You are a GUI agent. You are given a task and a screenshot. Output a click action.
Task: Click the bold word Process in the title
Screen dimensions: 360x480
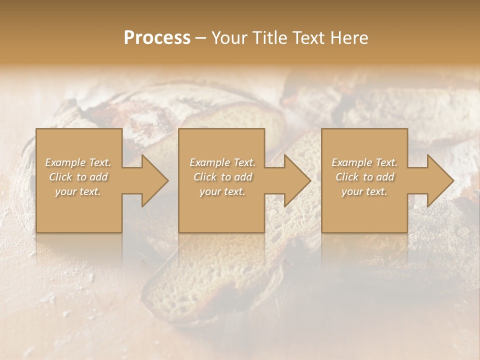pos(157,38)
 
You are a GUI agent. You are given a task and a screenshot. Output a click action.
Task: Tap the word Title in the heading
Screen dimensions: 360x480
pos(273,38)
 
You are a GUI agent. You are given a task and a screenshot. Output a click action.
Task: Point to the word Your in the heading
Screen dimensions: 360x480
pos(229,38)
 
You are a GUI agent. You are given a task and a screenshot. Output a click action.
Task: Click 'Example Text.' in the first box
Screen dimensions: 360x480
pos(78,162)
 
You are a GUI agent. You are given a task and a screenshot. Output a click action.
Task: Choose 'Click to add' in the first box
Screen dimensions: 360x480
pos(78,177)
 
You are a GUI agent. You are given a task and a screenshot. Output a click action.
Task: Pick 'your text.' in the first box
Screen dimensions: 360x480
pos(78,191)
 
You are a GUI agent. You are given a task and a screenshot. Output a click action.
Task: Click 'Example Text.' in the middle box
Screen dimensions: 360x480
pos(222,162)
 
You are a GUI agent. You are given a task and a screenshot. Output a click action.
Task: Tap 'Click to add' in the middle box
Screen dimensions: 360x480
pos(222,177)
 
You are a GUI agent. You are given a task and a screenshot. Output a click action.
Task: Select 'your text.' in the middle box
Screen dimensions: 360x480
pos(222,191)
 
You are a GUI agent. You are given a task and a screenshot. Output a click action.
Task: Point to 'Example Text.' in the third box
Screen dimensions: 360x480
pos(364,162)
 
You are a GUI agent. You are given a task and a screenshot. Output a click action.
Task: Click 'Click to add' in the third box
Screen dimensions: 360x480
pos(364,177)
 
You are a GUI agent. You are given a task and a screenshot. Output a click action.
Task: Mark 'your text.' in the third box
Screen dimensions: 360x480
pos(364,191)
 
